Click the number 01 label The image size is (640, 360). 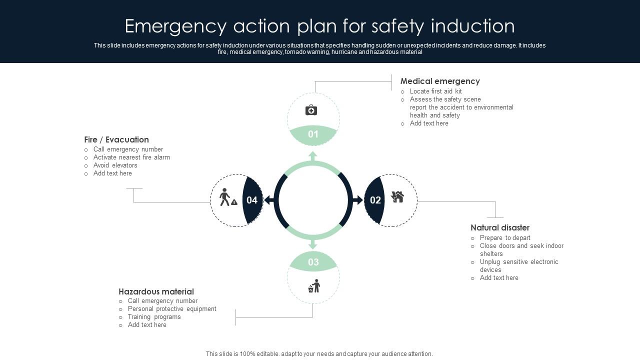point(313,134)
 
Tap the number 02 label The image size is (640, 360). point(375,200)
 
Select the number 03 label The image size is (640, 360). point(313,262)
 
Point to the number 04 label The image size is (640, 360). point(252,200)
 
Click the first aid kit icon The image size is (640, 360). point(311,110)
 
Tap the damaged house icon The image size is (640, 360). point(397,197)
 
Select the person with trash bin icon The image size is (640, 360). point(314,286)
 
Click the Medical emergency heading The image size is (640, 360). point(440,81)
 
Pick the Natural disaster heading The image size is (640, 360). point(500,227)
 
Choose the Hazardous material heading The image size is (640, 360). point(156,291)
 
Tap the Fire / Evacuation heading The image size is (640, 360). point(116,139)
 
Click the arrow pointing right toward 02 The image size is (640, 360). point(358,200)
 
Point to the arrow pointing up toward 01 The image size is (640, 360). point(313,156)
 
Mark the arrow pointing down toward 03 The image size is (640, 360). point(313,244)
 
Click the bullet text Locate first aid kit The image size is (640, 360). point(435,91)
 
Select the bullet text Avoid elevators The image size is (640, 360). point(115,165)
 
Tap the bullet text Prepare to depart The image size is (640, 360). point(505,238)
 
